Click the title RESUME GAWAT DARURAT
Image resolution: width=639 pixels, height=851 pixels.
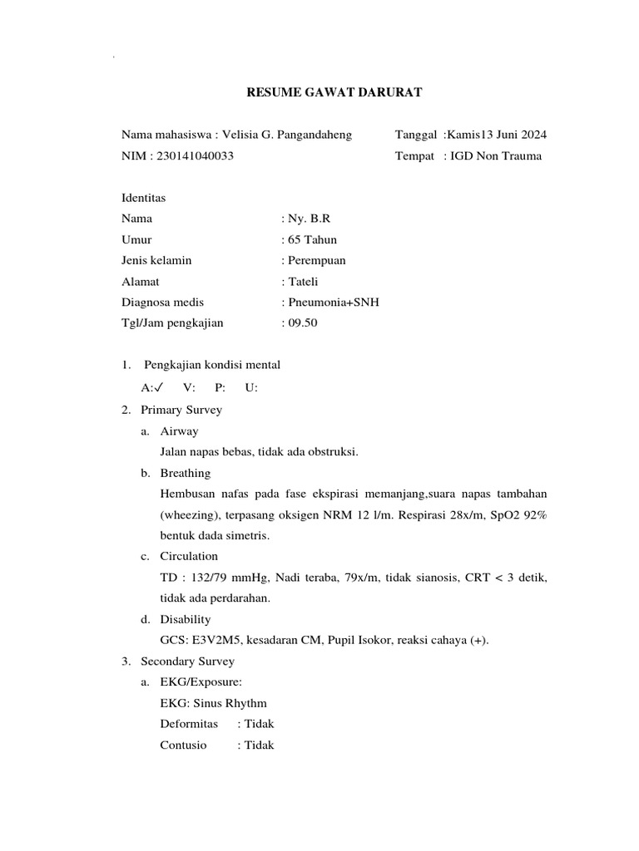click(334, 92)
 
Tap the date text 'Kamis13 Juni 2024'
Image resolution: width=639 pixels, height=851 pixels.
click(497, 135)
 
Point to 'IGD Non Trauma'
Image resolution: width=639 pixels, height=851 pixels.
click(496, 155)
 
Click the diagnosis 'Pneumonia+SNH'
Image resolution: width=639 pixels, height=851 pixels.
click(334, 303)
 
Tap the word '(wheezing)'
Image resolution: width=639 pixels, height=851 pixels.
click(189, 514)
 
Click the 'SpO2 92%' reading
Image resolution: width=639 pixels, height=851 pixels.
click(521, 514)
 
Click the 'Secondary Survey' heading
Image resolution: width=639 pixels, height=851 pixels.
click(187, 662)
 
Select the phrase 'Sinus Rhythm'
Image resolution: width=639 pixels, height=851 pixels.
click(231, 703)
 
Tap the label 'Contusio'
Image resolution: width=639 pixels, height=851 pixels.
click(183, 745)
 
